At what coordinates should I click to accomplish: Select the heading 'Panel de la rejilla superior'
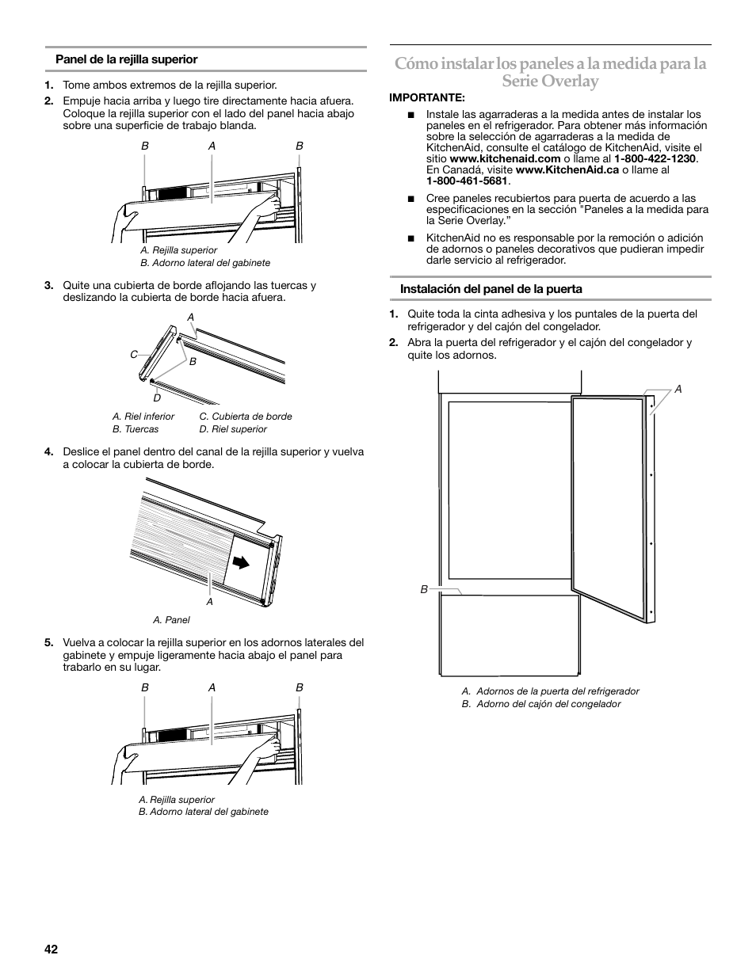coord(126,59)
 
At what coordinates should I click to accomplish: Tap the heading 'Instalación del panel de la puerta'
coord(491,289)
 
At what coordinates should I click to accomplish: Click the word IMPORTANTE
coord(426,97)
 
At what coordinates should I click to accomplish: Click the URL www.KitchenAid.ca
coord(567,169)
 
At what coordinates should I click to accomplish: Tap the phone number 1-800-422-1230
coord(655,158)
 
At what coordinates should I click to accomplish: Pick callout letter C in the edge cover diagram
coord(134,355)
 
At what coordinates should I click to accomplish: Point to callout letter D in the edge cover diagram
coord(157,398)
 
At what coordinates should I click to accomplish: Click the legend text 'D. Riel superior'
coord(233,429)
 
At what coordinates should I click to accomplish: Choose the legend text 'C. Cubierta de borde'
coord(246,417)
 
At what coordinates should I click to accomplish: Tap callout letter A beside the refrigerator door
coord(678,389)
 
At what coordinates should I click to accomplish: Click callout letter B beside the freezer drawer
coord(424,589)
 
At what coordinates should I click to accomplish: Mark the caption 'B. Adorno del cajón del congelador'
coord(541,704)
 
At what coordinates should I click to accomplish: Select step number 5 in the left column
coord(48,643)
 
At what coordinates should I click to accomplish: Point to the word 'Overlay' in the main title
coord(551,81)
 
